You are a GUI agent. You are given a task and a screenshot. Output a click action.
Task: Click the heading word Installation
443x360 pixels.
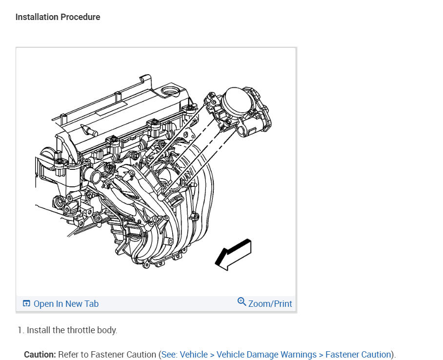[x=37, y=17]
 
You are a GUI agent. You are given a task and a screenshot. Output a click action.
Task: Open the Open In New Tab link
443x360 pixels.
[x=66, y=304]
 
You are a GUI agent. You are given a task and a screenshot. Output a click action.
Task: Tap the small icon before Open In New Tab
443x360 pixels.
[x=26, y=304]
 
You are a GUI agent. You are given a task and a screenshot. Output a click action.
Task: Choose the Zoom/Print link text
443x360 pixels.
[x=270, y=304]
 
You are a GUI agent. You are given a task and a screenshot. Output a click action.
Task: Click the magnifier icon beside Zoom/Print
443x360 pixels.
[x=242, y=302]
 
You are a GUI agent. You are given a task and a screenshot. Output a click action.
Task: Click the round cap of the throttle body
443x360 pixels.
[x=236, y=103]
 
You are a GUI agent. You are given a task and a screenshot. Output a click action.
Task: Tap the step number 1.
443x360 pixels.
[x=20, y=330]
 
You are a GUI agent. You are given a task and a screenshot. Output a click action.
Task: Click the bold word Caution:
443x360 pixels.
[x=40, y=355]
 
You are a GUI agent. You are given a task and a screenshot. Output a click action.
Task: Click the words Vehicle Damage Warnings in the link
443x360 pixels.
[x=267, y=355]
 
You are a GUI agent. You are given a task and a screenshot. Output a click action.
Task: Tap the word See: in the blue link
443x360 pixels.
[x=170, y=355]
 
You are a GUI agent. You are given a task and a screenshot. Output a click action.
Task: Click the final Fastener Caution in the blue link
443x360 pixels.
[x=358, y=355]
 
